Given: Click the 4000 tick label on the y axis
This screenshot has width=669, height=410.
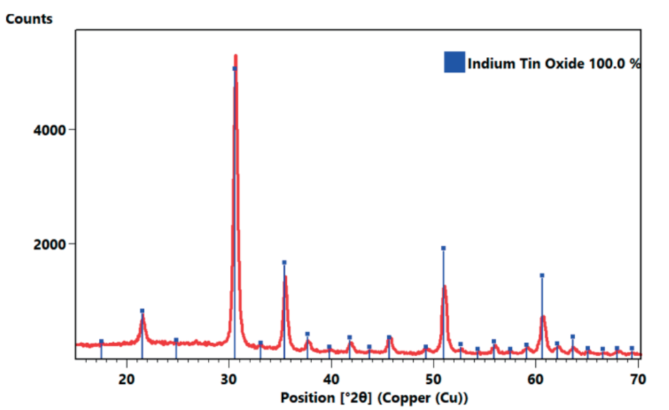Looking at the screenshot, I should coord(49,130).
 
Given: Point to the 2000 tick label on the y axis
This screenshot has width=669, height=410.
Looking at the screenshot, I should coord(49,244).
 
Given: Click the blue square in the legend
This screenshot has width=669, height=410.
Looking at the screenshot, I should coord(454,63).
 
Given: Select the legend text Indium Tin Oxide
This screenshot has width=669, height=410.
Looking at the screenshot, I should coord(526,64).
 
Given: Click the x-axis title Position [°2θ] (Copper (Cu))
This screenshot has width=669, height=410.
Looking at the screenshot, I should coord(374,397).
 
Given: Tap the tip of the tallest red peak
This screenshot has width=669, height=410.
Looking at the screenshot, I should coord(235,56).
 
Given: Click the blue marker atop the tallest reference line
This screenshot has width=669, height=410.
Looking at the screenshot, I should coord(235,69).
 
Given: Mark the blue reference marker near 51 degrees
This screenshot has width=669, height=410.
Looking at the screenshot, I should coord(443,248).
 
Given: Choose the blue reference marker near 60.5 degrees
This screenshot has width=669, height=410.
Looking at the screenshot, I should coord(542,276).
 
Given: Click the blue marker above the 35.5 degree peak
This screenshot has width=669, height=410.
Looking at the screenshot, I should coord(284,263).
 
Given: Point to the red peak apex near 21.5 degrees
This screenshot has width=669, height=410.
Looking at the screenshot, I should coord(143,317).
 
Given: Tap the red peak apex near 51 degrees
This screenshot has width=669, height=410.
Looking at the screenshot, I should coord(445,286).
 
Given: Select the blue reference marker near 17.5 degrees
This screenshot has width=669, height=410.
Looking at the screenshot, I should coord(102,341).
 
